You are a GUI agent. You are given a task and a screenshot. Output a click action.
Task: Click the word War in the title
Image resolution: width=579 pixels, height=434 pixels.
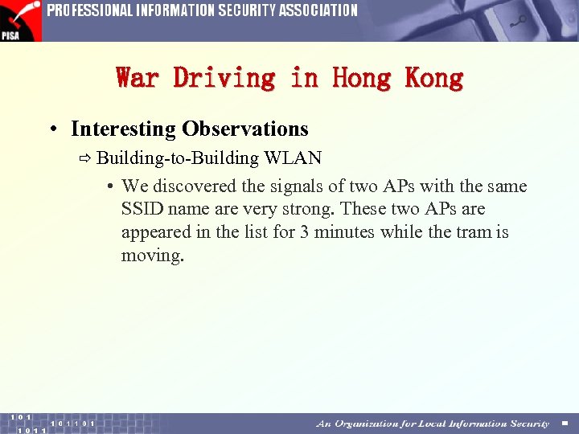pyautogui.click(x=138, y=78)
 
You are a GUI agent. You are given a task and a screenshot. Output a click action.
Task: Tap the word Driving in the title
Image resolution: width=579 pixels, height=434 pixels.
pyautogui.click(x=224, y=78)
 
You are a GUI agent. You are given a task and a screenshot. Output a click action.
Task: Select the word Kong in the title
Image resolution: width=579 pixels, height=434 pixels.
pyautogui.click(x=434, y=78)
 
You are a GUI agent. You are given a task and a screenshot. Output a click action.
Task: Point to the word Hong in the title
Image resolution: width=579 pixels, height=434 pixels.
pyautogui.click(x=361, y=78)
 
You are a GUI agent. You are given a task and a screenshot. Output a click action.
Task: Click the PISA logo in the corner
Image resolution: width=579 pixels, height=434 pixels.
pyautogui.click(x=20, y=21)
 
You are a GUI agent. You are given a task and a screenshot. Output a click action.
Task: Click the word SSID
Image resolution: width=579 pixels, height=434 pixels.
pyautogui.click(x=140, y=210)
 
